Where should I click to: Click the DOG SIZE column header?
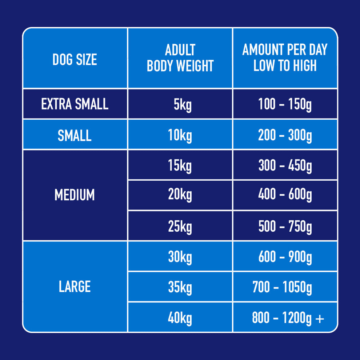75,59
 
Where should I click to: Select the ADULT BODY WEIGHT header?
180,58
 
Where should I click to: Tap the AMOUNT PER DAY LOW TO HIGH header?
285,58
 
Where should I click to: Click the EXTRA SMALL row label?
75,104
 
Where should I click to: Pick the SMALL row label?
75,135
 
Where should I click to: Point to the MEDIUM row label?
75,195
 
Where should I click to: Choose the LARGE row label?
75,287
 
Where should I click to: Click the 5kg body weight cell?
180,105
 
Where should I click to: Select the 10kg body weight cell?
180,135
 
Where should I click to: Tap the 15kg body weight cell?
180,166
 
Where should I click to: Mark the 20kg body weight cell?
180,195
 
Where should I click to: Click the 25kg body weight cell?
180,227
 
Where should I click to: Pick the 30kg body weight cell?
180,257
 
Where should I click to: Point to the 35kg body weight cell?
180,288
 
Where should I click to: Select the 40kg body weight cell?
180,318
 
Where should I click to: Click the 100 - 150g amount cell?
285,105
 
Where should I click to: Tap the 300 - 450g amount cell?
285,166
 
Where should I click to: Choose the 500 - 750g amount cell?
285,227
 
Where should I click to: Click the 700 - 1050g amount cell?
282,288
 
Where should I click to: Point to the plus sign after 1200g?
320,319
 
